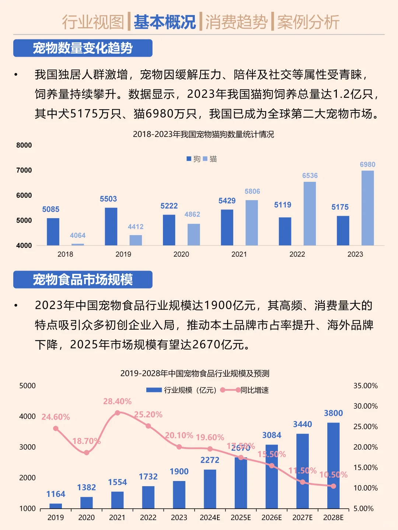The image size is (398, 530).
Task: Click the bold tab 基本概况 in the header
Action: [164, 22]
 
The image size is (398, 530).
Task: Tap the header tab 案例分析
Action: [308, 22]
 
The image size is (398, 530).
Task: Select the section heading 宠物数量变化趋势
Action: [83, 48]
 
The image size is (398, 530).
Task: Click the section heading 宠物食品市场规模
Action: [83, 280]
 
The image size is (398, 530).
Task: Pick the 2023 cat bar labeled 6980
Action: [367, 208]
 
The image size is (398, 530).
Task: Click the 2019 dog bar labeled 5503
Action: [111, 226]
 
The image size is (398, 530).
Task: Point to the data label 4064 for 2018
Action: [77, 236]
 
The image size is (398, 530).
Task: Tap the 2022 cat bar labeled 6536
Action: [310, 213]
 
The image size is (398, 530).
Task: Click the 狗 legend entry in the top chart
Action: [193, 159]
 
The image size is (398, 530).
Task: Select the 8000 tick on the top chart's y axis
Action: [24, 145]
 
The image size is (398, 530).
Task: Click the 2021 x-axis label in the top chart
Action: [239, 254]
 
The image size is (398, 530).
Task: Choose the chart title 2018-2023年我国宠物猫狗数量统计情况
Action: [203, 134]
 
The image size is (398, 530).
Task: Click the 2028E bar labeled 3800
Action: [333, 465]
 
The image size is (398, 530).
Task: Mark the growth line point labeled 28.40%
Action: [117, 413]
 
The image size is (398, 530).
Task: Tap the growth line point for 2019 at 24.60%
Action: [56, 428]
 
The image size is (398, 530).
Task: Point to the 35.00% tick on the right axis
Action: [366, 386]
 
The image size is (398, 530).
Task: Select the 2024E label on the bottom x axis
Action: [210, 517]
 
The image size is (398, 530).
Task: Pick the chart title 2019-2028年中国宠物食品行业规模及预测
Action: [195, 374]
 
